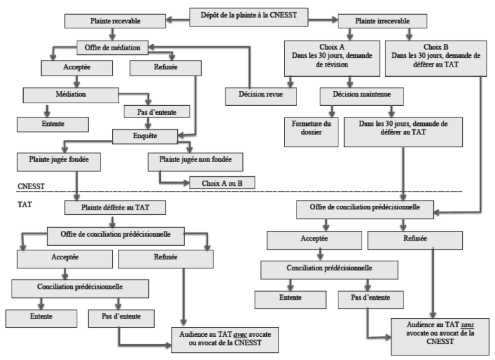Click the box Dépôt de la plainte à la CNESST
(249, 17)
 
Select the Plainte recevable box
(115, 21)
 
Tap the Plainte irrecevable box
(382, 21)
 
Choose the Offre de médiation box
(112, 48)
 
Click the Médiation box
(71, 95)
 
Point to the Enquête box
(145, 137)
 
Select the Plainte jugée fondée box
(59, 162)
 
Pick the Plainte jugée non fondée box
(195, 162)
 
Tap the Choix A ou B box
(222, 183)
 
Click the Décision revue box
(261, 96)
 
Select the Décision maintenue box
(362, 96)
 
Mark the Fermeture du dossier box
(311, 132)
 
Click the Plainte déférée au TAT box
(115, 208)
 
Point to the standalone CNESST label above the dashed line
(31, 186)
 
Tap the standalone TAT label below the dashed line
(24, 205)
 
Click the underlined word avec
(240, 334)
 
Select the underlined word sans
(467, 325)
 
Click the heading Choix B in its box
(436, 47)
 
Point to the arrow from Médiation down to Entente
(47, 110)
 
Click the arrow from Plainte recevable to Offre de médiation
(112, 34)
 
